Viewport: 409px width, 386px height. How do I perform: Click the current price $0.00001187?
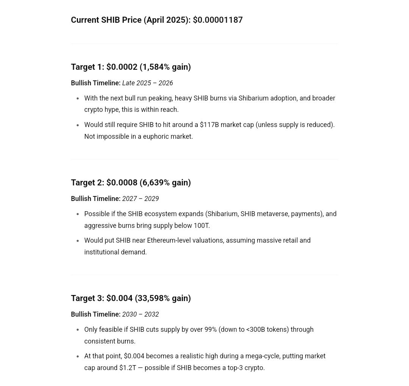pos(218,20)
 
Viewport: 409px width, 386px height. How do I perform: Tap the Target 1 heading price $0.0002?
pos(122,67)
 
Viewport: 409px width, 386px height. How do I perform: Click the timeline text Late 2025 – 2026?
pos(147,83)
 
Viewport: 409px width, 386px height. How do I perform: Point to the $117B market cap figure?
pos(209,125)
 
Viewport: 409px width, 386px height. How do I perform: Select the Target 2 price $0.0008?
pos(122,183)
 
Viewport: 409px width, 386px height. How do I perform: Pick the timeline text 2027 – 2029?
pos(140,199)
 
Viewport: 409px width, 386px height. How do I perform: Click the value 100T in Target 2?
pos(201,226)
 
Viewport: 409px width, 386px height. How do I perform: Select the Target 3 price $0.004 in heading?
pos(119,298)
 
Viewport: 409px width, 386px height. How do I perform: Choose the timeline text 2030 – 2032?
pos(140,314)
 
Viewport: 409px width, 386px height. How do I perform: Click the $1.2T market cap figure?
pos(128,368)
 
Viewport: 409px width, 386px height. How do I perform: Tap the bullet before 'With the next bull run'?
pos(78,99)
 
